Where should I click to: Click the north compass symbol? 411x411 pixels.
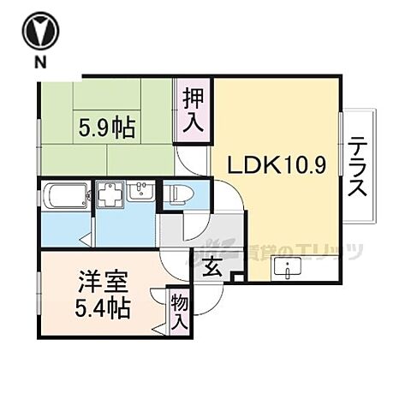[40, 33]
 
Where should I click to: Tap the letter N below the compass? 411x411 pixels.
[40, 64]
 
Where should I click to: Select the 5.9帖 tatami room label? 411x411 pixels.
[107, 128]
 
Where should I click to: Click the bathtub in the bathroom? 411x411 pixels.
[65, 195]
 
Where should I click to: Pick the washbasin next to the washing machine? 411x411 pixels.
[140, 193]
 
